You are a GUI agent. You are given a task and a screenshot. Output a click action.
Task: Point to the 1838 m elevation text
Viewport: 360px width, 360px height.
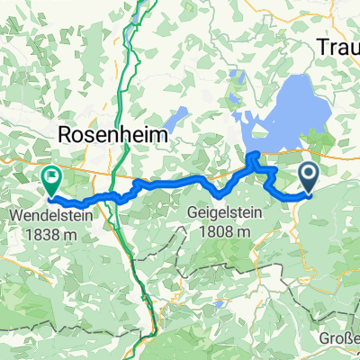click(x=51, y=232)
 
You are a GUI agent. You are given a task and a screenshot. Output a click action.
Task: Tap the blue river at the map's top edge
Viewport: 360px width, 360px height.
click(x=144, y=7)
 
